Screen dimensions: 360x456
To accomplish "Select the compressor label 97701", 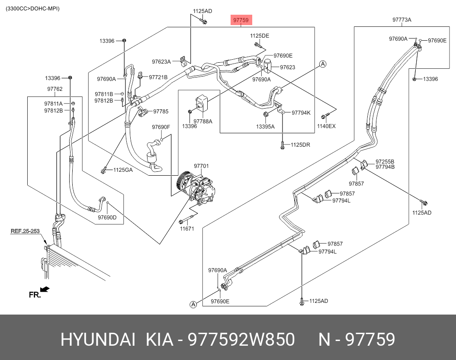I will (x=201, y=166).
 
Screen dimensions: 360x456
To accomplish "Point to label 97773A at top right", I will (x=402, y=20).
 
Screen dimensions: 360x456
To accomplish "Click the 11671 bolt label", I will (x=187, y=228).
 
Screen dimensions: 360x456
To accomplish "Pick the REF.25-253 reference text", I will (x=26, y=231).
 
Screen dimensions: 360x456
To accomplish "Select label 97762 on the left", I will (x=55, y=89).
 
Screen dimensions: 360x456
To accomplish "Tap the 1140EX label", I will (x=326, y=126).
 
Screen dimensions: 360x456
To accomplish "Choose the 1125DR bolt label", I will (x=300, y=145).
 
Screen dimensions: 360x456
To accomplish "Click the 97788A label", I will (x=203, y=121).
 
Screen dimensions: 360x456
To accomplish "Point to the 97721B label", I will (x=158, y=77).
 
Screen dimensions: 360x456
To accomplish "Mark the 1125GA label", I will (x=123, y=170).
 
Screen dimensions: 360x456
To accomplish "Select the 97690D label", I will (x=107, y=217).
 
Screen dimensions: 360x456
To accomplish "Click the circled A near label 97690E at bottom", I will (x=193, y=305).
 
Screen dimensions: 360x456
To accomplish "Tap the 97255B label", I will (x=385, y=161).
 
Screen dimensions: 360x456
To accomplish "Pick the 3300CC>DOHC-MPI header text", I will (x=33, y=9).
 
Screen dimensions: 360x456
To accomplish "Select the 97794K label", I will (x=301, y=112).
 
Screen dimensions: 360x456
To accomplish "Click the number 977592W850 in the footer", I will (x=241, y=340).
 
